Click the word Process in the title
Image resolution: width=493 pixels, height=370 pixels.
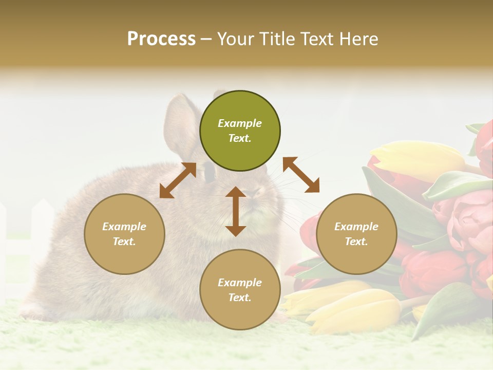tap(161, 39)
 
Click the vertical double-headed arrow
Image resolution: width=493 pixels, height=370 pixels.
tap(236, 211)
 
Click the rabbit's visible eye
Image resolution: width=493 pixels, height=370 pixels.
tap(210, 174)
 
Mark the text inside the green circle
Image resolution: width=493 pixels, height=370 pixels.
tap(240, 131)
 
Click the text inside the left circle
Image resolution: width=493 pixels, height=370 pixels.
tap(124, 234)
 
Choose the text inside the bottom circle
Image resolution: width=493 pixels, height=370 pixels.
tap(240, 290)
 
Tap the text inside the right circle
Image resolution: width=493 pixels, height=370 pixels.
tap(356, 234)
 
